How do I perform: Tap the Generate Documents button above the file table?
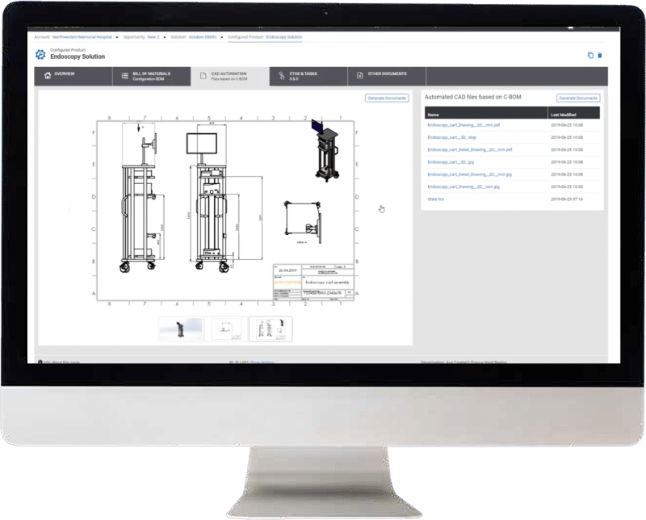pyautogui.click(x=577, y=98)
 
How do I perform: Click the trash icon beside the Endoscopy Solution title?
pyautogui.click(x=599, y=55)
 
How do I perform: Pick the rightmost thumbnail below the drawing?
pyautogui.click(x=271, y=329)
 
